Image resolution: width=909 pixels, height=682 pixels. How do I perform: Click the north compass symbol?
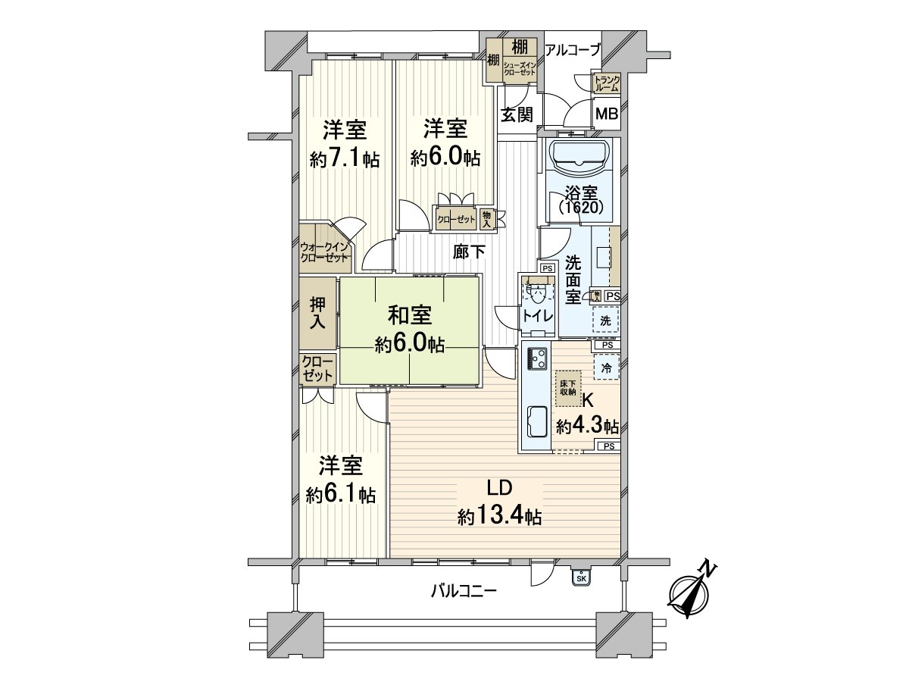pos(692,591)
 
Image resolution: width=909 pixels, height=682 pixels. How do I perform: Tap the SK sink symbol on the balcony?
pos(581,577)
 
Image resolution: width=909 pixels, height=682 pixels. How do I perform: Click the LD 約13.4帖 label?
pos(499,502)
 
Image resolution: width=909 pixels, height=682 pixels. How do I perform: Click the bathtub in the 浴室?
pos(580,157)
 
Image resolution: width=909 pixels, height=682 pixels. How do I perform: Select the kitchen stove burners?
pos(538,358)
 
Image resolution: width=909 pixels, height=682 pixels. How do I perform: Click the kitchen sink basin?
pos(537,422)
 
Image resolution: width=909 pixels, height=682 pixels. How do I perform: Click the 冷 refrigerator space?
pos(607,368)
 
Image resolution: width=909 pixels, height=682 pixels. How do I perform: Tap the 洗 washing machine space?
pos(605,321)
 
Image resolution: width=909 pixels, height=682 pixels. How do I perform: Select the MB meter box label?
pos(607,114)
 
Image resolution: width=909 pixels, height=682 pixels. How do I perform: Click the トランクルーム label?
pos(607,83)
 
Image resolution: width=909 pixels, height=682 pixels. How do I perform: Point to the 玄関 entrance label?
pos(516,114)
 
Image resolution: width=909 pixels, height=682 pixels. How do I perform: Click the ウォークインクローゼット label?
pos(324,252)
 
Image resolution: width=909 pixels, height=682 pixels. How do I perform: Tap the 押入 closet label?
pos(317,311)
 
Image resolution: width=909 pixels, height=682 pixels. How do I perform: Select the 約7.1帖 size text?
pos(345,160)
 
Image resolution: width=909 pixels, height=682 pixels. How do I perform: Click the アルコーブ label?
pos(573,50)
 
